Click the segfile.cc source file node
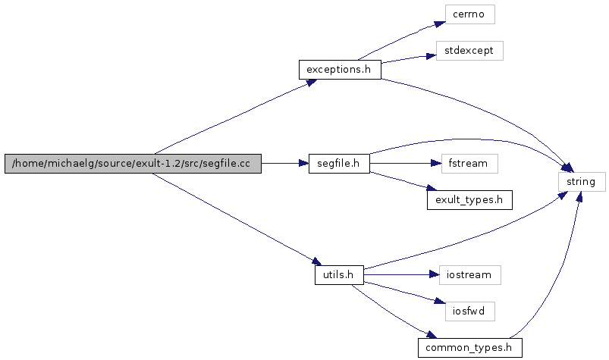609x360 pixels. pos(133,164)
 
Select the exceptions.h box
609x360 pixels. pos(339,70)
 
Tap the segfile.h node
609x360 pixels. pos(339,164)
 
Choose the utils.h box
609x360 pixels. pos(339,274)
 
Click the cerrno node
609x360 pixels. pos(469,14)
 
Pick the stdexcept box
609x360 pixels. pos(469,52)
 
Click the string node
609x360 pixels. pos(582,182)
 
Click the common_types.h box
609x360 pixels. pos(469,348)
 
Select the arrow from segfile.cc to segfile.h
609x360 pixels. pos(284,164)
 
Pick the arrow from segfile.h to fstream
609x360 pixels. pos(402,164)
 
